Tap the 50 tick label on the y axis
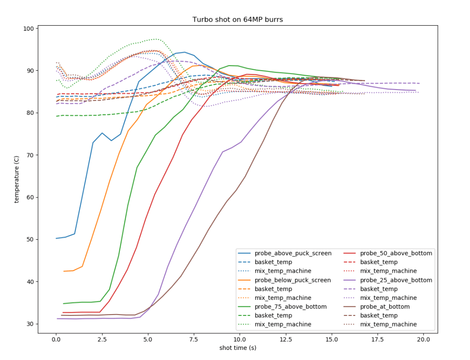pyautogui.click(x=30, y=240)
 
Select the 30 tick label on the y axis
pyautogui.click(x=30, y=324)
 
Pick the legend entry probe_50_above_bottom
pyautogui.click(x=396, y=253)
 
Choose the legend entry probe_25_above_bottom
pyautogui.click(x=396, y=280)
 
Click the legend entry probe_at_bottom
pyautogui.click(x=385, y=307)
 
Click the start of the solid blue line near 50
pyautogui.click(x=56, y=238)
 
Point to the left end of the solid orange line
pyautogui.click(x=64, y=271)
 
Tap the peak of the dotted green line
pyautogui.click(x=156, y=39)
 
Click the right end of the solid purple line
pyautogui.click(x=416, y=90)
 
